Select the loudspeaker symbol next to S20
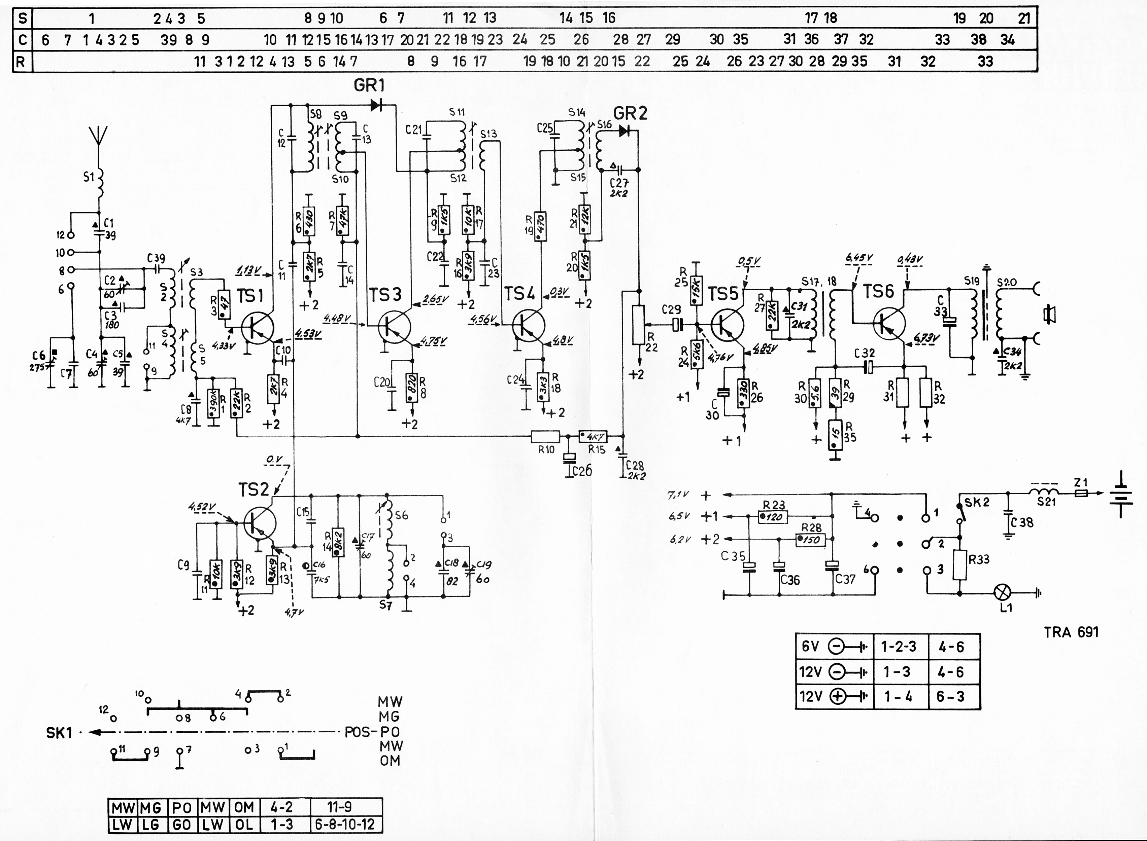click(1049, 314)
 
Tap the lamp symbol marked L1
click(1003, 593)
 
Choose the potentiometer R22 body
click(638, 325)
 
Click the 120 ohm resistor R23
click(773, 518)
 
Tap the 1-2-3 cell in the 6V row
click(899, 647)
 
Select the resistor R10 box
click(545, 436)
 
